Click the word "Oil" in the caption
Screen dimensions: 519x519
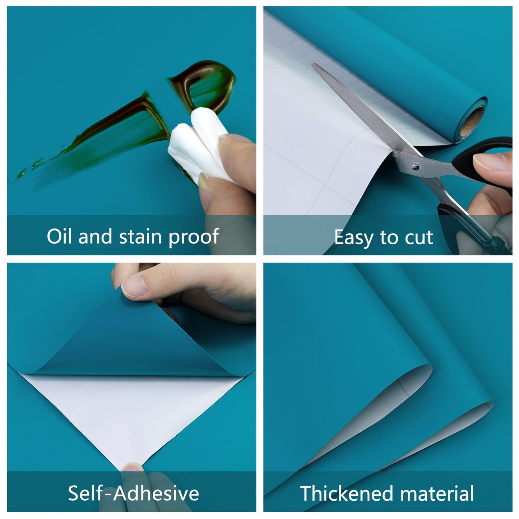coord(59,236)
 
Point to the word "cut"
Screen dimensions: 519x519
coord(419,238)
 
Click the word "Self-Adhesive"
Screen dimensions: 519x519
coord(133,493)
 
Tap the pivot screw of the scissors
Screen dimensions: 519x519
coord(416,166)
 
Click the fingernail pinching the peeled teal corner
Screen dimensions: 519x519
coord(134,286)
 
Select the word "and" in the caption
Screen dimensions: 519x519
coord(95,236)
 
